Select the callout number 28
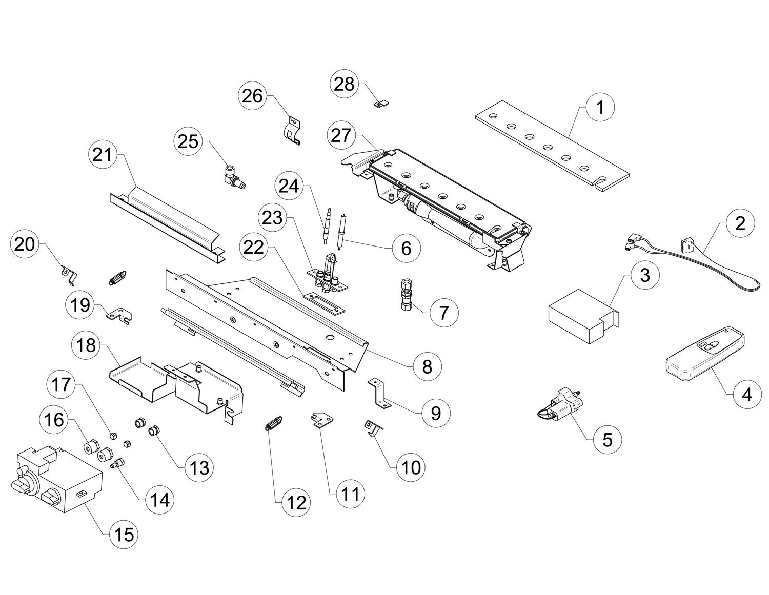click(345, 84)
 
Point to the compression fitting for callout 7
click(406, 294)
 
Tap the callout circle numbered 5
click(607, 439)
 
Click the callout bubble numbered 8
click(427, 366)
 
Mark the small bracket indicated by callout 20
click(67, 274)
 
